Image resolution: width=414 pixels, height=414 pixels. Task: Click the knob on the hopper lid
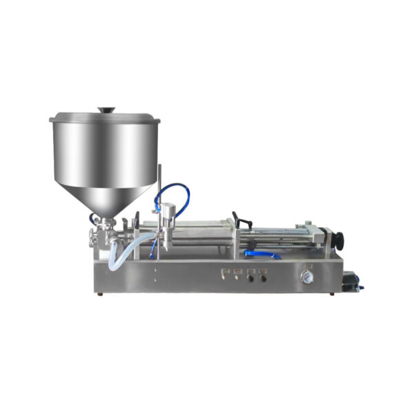point(106,109)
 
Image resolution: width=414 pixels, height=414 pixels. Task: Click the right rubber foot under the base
point(333,294)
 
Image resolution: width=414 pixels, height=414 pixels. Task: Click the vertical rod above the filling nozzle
point(159,186)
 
